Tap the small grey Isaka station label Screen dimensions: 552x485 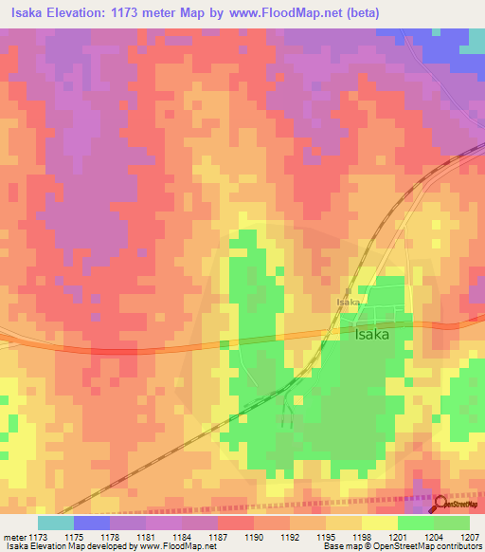348,303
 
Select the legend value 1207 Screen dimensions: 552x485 471,536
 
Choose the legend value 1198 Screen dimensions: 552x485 361,536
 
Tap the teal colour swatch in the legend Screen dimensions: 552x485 55,523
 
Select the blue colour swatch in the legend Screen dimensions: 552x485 91,523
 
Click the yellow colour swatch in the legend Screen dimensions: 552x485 379,523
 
